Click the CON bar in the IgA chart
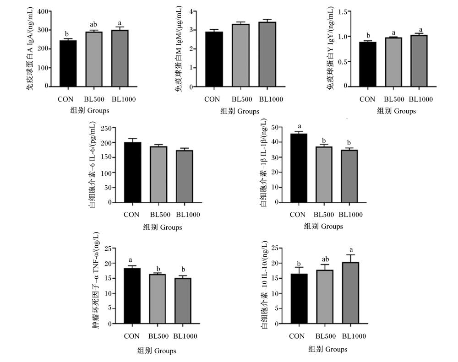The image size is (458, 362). click(x=68, y=63)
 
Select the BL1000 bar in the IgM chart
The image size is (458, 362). click(x=267, y=54)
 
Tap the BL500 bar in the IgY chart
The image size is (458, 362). click(x=393, y=62)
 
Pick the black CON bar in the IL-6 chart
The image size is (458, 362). click(x=133, y=172)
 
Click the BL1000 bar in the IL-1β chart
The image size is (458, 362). click(x=349, y=176)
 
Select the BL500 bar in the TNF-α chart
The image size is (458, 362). click(x=157, y=299)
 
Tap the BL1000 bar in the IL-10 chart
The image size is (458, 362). click(x=350, y=293)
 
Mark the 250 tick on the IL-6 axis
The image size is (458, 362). click(x=106, y=128)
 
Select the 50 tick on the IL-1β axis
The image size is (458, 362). click(x=274, y=127)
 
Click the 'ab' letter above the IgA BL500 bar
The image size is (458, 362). click(x=93, y=25)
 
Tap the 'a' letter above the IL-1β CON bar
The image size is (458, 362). click(x=300, y=126)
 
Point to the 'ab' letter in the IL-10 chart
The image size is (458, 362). click(x=325, y=259)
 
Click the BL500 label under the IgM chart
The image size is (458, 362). click(x=242, y=99)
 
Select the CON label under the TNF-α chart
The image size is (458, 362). click(x=132, y=336)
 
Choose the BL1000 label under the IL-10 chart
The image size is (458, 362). click(x=354, y=336)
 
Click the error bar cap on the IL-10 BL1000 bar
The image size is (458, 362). click(x=350, y=255)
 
